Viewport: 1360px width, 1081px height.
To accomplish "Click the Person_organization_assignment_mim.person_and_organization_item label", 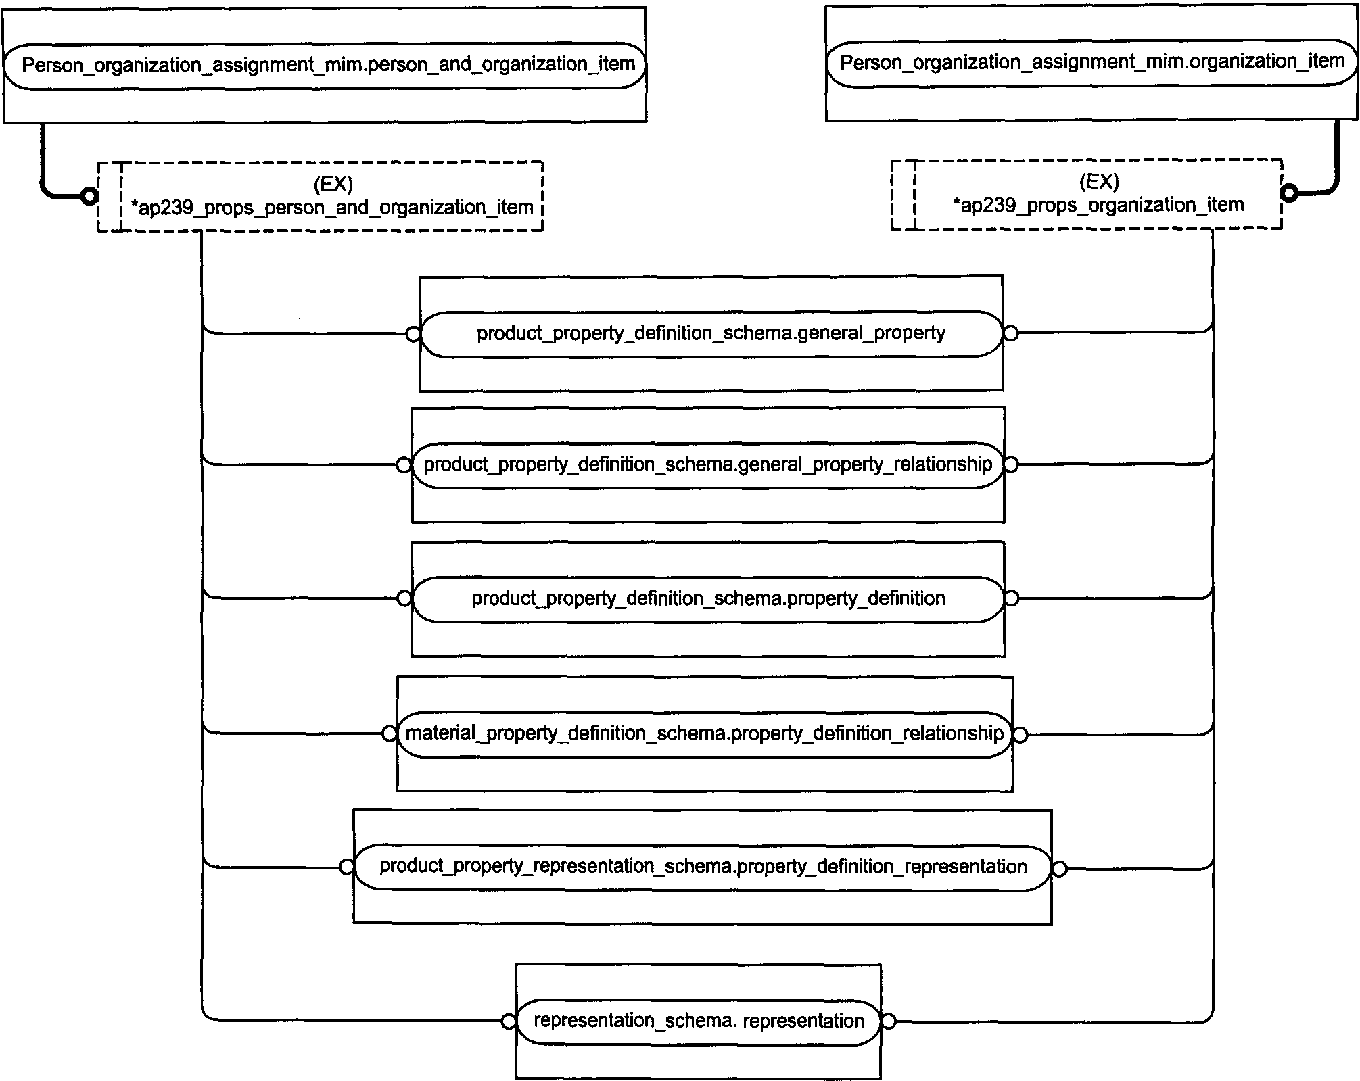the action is click(x=329, y=65).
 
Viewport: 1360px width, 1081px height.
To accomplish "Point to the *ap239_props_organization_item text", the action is click(x=1098, y=205).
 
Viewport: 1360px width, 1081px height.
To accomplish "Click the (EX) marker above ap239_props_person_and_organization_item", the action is click(x=333, y=184).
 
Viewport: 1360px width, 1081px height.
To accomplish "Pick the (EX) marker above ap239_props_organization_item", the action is click(x=1099, y=181).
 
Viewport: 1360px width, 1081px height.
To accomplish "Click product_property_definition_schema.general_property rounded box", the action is click(x=711, y=334).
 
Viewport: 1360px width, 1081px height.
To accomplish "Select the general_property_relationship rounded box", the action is click(x=707, y=465).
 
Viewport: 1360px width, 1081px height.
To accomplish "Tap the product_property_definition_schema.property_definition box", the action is click(x=708, y=599).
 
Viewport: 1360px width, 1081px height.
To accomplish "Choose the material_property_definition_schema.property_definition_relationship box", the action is click(x=705, y=734).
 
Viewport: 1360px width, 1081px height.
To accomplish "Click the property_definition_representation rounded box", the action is click(x=703, y=868).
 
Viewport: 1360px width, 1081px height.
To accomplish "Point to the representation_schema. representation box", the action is click(x=699, y=1022).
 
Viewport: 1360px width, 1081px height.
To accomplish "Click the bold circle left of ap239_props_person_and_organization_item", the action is click(x=89, y=197).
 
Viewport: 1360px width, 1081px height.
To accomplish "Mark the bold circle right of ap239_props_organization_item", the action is click(x=1290, y=193).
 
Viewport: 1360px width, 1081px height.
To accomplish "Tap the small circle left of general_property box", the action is click(x=413, y=334).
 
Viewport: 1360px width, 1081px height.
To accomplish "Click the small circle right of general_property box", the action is click(x=1010, y=333).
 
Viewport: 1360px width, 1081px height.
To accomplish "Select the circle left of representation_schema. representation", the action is click(x=509, y=1022).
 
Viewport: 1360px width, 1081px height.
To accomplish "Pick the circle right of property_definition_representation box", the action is click(x=1060, y=869).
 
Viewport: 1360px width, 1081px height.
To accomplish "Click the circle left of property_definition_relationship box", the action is click(x=390, y=734).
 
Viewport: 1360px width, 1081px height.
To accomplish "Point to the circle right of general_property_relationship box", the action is click(x=1011, y=465).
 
